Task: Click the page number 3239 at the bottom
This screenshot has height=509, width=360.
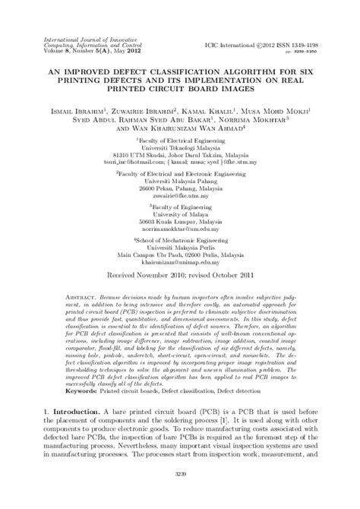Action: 179,495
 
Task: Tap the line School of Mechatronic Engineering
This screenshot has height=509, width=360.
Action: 180,261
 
